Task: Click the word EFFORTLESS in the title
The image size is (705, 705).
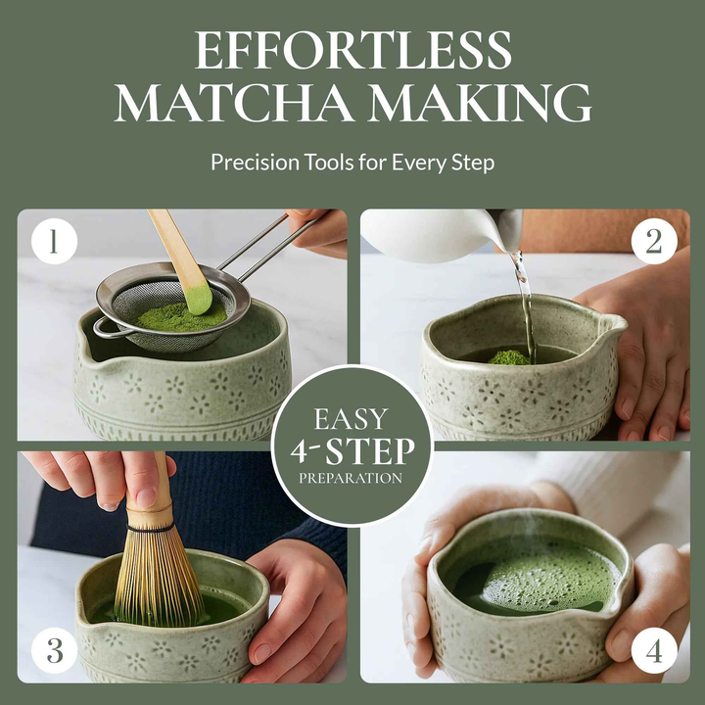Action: click(x=352, y=51)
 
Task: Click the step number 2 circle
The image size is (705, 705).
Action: click(x=653, y=242)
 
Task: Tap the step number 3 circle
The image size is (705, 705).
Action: click(x=55, y=649)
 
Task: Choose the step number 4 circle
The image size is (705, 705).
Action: click(x=653, y=649)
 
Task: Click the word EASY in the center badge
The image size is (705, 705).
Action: click(x=352, y=419)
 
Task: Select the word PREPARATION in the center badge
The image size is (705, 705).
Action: click(x=352, y=479)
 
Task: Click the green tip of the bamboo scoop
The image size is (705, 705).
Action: click(x=199, y=296)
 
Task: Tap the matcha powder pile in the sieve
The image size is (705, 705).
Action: click(x=176, y=316)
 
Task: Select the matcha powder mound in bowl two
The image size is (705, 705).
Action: click(x=508, y=357)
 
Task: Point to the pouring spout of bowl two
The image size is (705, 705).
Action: click(x=614, y=323)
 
